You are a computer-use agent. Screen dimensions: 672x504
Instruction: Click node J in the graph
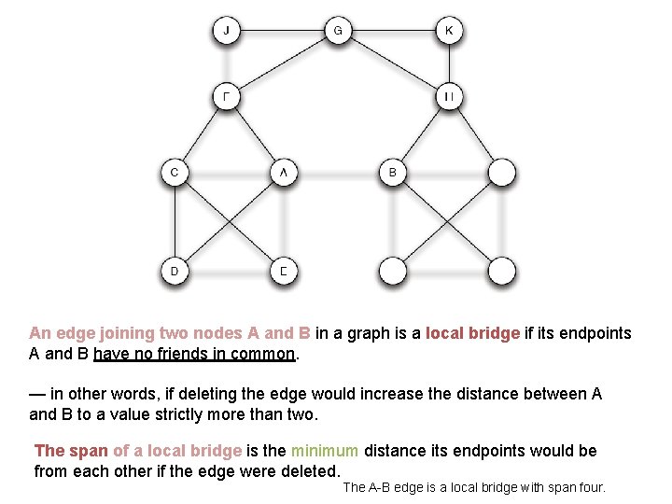(x=227, y=31)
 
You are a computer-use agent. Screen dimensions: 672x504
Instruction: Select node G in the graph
(x=338, y=31)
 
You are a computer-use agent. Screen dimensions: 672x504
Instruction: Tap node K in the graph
(x=449, y=31)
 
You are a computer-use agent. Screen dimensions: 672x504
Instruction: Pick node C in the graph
(x=175, y=173)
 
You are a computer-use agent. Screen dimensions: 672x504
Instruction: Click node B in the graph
(x=393, y=173)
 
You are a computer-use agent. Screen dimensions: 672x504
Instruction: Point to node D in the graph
(x=175, y=272)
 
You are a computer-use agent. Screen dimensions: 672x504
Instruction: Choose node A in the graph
(x=284, y=173)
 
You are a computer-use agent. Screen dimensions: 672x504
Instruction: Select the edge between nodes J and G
(x=282, y=31)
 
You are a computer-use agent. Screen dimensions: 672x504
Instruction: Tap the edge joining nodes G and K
(x=393, y=31)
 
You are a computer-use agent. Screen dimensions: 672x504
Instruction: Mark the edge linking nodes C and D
(x=175, y=222)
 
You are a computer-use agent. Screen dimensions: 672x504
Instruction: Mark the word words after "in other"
(x=137, y=394)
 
